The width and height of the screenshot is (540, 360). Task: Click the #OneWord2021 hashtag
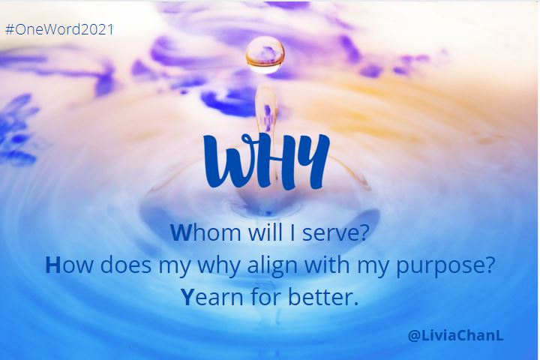click(59, 29)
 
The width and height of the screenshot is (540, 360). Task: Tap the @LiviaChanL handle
click(456, 334)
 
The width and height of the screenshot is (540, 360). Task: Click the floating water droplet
click(265, 55)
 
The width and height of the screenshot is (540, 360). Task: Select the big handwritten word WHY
click(266, 161)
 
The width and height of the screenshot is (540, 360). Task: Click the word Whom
click(205, 232)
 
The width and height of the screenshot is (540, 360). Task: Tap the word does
click(126, 265)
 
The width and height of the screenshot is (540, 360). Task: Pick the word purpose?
click(445, 267)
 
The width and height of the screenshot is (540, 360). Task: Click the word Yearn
click(212, 297)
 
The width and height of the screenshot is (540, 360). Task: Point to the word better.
click(323, 296)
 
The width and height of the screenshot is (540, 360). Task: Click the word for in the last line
click(265, 296)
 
